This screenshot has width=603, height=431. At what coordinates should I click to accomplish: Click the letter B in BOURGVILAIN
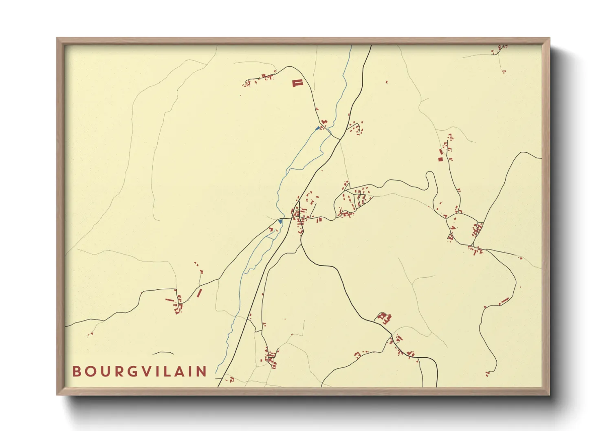(x=76, y=371)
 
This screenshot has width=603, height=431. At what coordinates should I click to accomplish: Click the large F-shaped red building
(x=297, y=84)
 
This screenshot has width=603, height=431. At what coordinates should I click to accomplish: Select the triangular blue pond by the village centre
(x=280, y=221)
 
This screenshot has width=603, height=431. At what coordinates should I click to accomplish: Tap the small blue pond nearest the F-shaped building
(x=317, y=128)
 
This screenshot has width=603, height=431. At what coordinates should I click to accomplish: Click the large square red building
(x=440, y=158)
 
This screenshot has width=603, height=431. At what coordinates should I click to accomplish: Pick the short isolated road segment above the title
(x=163, y=353)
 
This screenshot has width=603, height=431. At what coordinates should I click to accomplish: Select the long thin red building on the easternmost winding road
(x=504, y=301)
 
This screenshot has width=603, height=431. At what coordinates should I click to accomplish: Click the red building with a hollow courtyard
(x=382, y=316)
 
